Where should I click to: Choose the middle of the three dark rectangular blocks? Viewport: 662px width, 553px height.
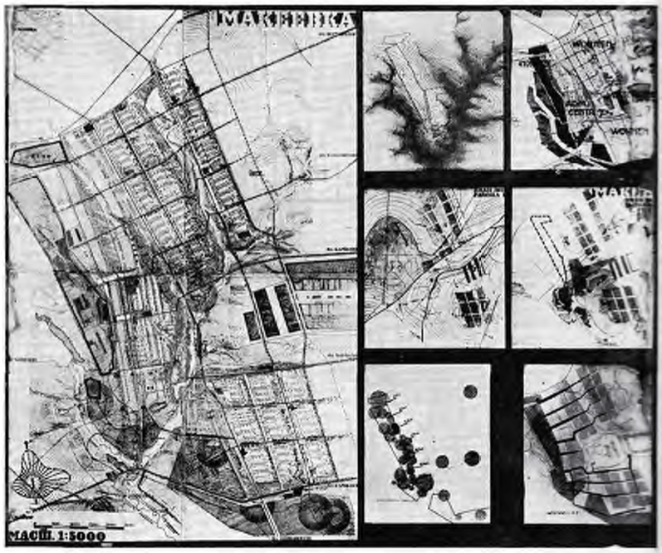[x=267, y=312]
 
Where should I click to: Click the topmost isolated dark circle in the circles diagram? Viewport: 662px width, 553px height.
[x=470, y=392]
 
